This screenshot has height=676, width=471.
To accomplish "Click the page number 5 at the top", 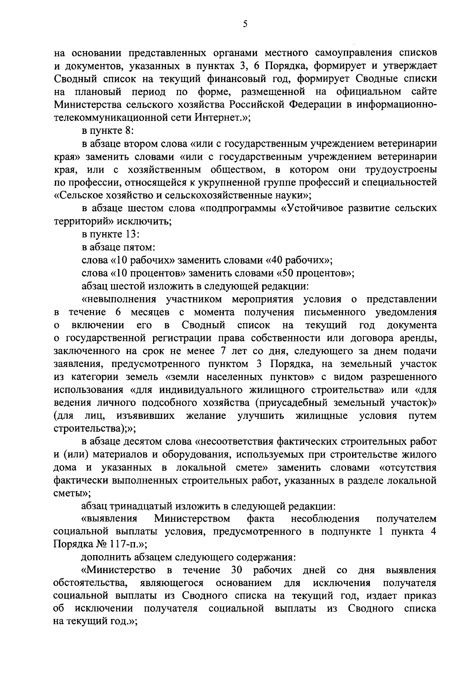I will [245, 24].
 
